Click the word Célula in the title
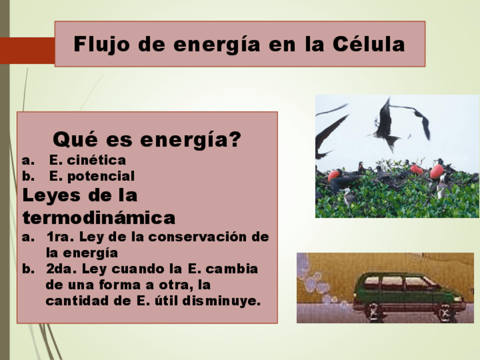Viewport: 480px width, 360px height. click(x=368, y=44)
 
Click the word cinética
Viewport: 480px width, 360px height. click(x=96, y=160)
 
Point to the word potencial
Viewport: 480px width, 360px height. click(x=101, y=177)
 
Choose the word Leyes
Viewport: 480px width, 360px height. click(x=52, y=196)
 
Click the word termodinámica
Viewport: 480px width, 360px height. click(x=99, y=218)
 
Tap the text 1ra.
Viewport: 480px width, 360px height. click(x=59, y=237)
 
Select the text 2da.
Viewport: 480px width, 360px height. click(x=61, y=269)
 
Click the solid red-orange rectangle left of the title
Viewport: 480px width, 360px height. click(x=28, y=50)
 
